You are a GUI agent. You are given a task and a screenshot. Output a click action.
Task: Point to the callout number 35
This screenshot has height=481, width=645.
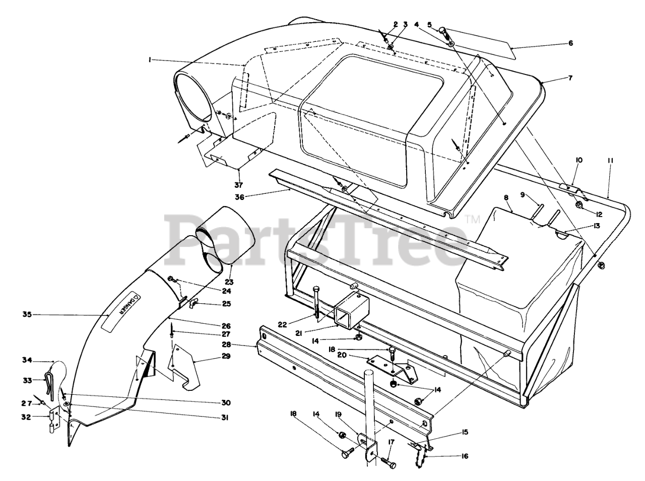[27, 315]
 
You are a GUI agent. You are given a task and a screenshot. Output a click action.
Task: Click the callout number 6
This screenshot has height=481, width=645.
[570, 43]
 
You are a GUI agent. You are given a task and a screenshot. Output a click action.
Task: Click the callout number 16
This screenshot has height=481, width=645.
[465, 456]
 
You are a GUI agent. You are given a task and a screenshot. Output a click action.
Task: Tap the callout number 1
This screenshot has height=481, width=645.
[150, 60]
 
